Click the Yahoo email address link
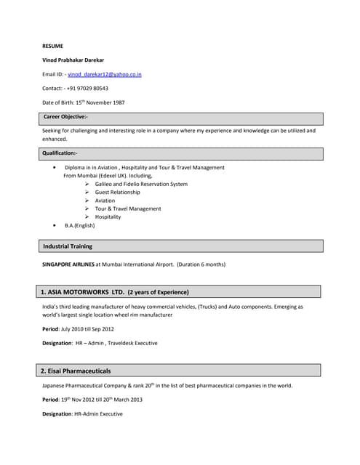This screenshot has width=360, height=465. click(x=105, y=74)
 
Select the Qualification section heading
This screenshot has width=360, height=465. click(x=60, y=153)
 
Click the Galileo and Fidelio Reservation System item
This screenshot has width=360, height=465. click(x=141, y=184)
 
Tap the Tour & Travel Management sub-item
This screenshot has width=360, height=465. click(x=128, y=209)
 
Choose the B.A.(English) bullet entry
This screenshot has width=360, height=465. click(x=80, y=225)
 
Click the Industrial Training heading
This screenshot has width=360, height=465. click(x=68, y=246)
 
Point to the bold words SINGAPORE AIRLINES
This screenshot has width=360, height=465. click(x=68, y=264)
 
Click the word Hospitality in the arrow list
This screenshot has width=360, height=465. click(x=108, y=217)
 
